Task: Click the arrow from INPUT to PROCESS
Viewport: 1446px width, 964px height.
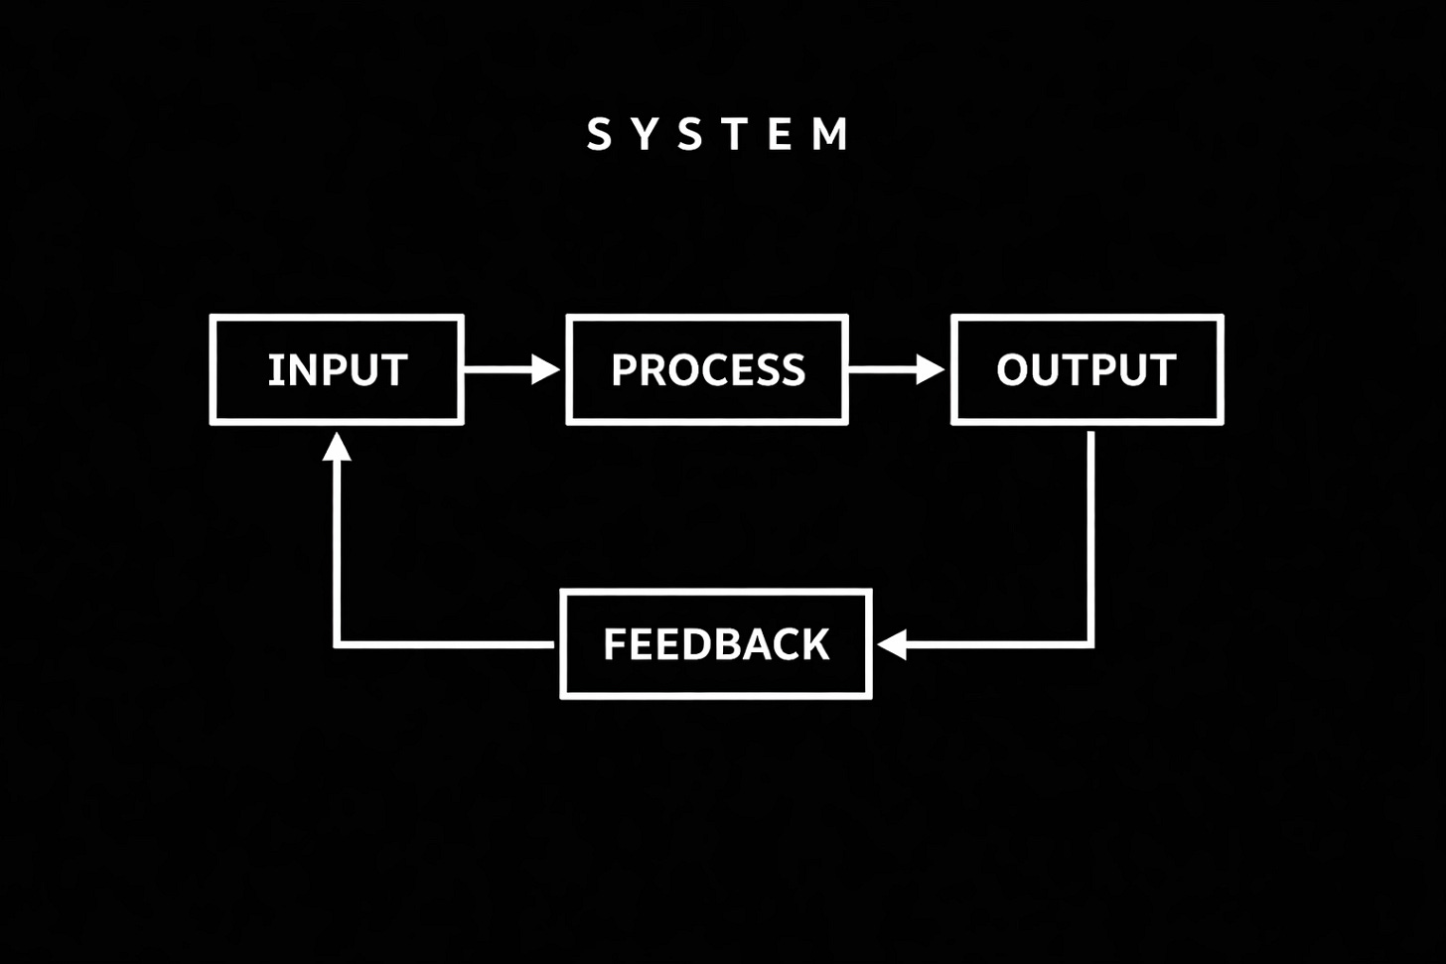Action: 510,369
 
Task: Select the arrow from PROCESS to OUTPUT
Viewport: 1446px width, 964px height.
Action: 895,369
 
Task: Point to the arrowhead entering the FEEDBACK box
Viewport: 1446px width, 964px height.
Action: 892,644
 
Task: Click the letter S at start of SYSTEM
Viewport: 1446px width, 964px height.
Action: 599,134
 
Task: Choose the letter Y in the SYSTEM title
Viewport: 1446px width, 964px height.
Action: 646,134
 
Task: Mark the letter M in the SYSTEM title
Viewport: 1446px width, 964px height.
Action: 830,134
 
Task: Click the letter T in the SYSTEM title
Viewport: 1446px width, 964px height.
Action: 736,134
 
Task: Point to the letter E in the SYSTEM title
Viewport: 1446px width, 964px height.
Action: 782,134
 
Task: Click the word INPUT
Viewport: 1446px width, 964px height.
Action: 338,370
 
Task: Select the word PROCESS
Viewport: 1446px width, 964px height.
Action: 708,370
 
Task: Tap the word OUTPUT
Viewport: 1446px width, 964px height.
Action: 1086,370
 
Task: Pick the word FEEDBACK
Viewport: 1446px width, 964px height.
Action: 716,644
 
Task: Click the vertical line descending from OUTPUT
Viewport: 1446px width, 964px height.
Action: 1090,536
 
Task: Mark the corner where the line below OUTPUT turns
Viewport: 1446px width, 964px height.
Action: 1090,644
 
